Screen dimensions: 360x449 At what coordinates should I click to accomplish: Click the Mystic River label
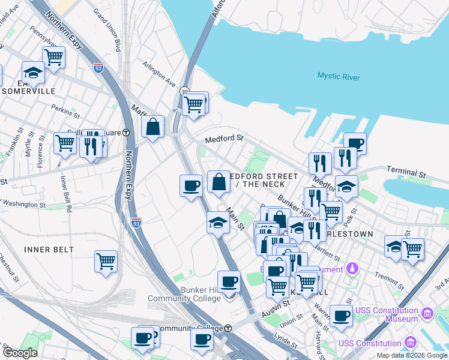point(339,76)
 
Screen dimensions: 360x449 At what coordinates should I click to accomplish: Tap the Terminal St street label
point(406,172)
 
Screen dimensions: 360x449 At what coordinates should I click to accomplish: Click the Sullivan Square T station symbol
point(126,133)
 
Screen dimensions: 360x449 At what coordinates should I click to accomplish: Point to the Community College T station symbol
point(228,328)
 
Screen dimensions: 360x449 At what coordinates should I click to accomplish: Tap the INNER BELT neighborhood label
point(49,249)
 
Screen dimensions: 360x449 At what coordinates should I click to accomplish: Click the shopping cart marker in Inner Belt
point(106,261)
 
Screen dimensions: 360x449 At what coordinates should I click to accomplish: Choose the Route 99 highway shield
point(185,91)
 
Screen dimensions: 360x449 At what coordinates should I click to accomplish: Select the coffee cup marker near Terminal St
point(355,143)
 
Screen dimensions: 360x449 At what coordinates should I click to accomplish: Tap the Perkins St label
point(65,111)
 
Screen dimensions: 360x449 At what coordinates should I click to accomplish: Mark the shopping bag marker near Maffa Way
point(153,127)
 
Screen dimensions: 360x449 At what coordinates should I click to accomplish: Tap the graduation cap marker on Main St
point(218,223)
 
